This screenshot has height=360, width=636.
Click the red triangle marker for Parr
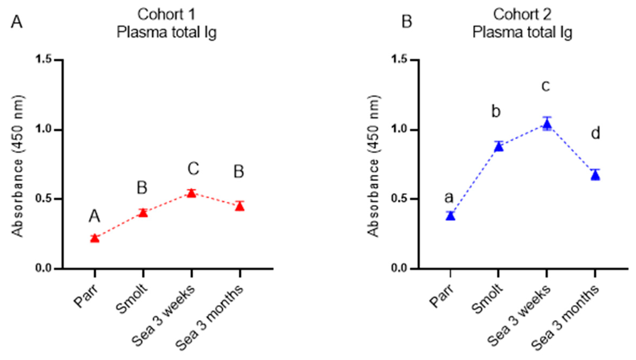point(95,238)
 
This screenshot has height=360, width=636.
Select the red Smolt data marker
point(143,213)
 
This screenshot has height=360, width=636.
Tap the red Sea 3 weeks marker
point(191,193)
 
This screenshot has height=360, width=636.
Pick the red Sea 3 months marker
point(240,206)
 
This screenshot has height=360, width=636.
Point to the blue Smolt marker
point(499,147)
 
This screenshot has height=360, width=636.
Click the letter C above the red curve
point(193,169)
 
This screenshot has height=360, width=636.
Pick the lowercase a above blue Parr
point(449,198)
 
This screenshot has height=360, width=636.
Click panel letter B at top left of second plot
point(406,22)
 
